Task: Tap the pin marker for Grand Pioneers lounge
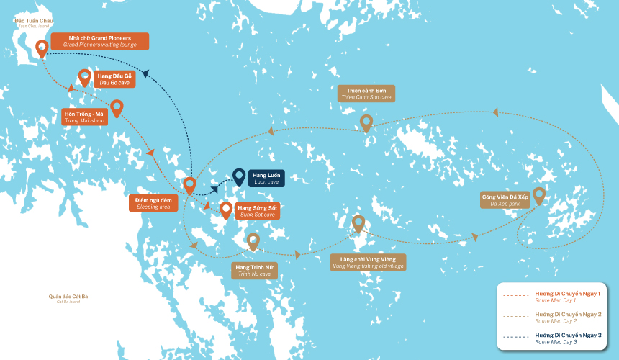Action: [x=42, y=49]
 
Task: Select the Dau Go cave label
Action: [x=114, y=79]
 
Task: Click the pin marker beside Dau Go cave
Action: [x=84, y=77]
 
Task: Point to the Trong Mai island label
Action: [x=85, y=117]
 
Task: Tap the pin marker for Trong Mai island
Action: [x=117, y=108]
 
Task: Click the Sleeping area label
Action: [x=154, y=203]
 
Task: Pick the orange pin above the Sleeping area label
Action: [x=190, y=185]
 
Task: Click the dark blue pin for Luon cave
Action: [x=238, y=176]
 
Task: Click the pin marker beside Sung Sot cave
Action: [x=226, y=210]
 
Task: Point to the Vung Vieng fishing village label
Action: [x=367, y=262]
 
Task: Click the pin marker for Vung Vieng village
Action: [x=358, y=224]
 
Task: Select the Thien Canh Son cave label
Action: [x=366, y=94]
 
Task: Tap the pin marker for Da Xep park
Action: [x=538, y=194]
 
